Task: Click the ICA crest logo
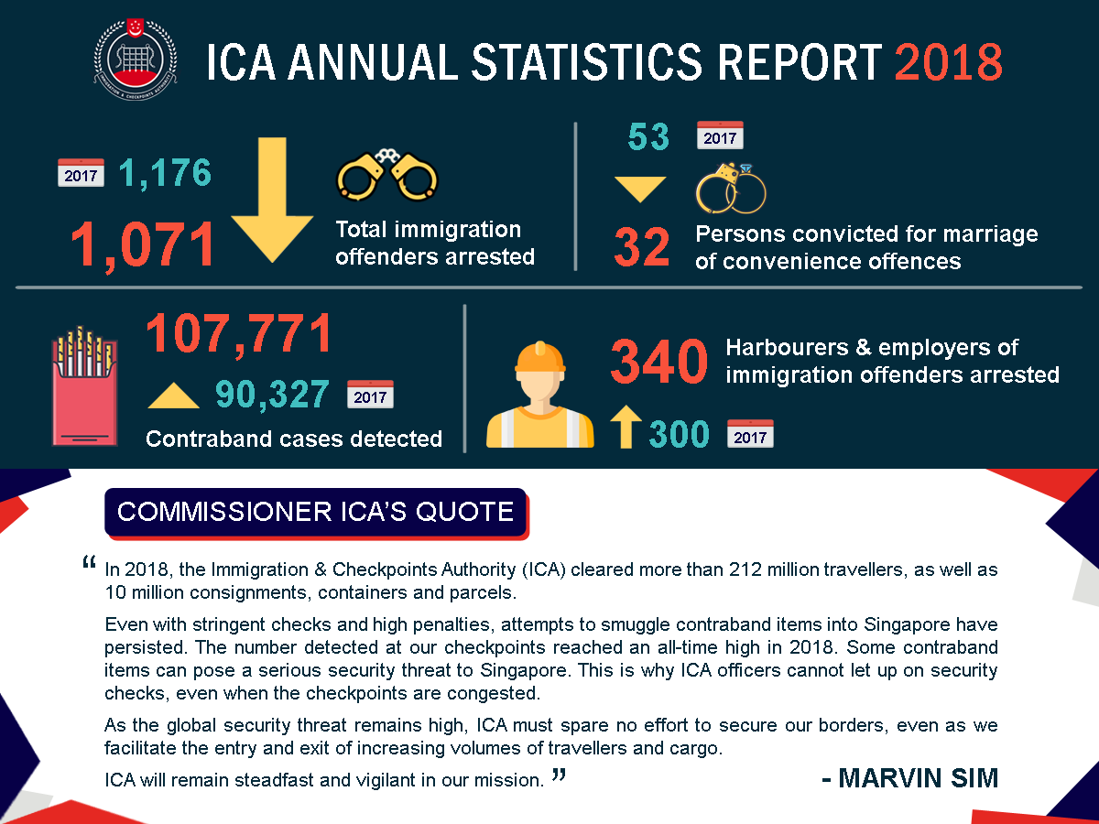[135, 60]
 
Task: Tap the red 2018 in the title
[948, 62]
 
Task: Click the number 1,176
[165, 172]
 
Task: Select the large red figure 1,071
[145, 245]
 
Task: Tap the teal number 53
[648, 138]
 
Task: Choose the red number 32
[642, 248]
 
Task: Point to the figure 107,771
[239, 334]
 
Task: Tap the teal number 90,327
[272, 395]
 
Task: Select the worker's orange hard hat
[540, 357]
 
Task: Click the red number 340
[659, 363]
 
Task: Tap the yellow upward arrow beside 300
[626, 428]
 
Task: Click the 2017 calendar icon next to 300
[750, 433]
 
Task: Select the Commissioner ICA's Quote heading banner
[316, 511]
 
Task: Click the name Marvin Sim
[909, 778]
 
